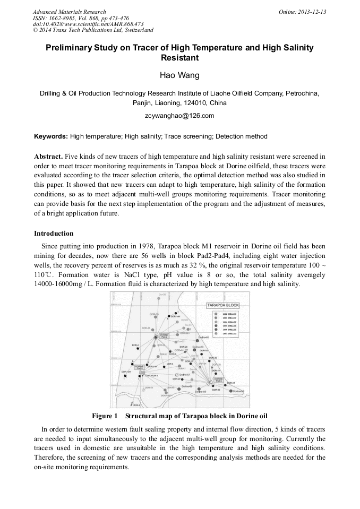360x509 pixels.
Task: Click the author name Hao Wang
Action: coord(179,75)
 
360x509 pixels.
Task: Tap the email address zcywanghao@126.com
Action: coord(179,115)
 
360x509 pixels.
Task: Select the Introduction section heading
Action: coord(54,233)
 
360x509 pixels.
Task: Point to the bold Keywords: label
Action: coord(51,136)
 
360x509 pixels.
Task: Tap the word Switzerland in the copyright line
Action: coord(134,30)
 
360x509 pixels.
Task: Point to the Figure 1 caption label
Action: coord(105,415)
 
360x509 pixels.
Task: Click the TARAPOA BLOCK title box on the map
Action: coord(223,305)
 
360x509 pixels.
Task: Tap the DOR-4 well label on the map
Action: coord(135,345)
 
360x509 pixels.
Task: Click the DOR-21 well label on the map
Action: coord(230,383)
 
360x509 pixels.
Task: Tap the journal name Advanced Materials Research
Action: coord(69,12)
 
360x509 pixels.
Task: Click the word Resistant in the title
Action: coord(179,57)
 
